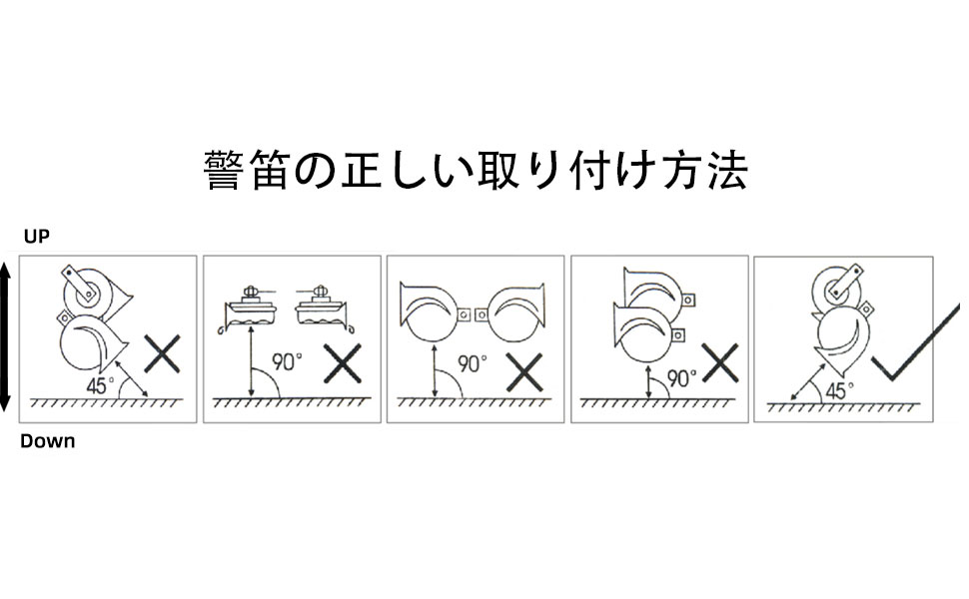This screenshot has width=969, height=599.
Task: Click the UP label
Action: (36, 237)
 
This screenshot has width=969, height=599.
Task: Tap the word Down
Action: (47, 440)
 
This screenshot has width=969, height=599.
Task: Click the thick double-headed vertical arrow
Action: (5, 337)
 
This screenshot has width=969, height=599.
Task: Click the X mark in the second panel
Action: (343, 364)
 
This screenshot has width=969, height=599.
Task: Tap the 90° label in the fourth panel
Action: (682, 377)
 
